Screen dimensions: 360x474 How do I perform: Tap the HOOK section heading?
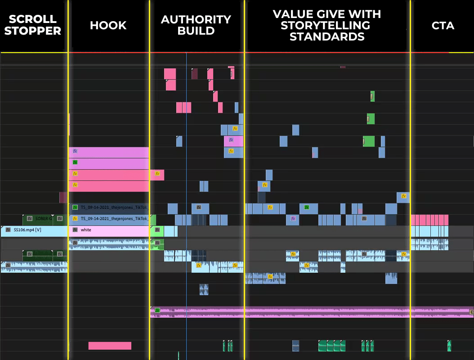[x=108, y=26]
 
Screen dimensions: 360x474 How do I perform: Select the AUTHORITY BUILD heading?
[x=196, y=25]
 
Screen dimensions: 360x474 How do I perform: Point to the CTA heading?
[x=443, y=26]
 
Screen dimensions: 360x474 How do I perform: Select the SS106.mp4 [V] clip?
[x=34, y=230]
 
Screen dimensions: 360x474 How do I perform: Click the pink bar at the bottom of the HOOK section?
[x=110, y=346]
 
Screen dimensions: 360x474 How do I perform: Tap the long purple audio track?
[x=310, y=311]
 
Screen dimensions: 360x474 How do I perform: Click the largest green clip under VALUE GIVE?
[x=369, y=141]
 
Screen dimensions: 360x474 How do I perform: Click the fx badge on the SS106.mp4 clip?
[x=8, y=230]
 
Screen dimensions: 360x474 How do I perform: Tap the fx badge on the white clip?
[x=75, y=230]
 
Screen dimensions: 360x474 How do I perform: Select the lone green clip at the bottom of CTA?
[x=449, y=346]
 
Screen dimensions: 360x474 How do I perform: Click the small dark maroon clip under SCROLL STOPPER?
[x=63, y=197]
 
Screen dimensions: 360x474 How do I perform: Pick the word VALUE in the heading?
[x=293, y=14]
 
